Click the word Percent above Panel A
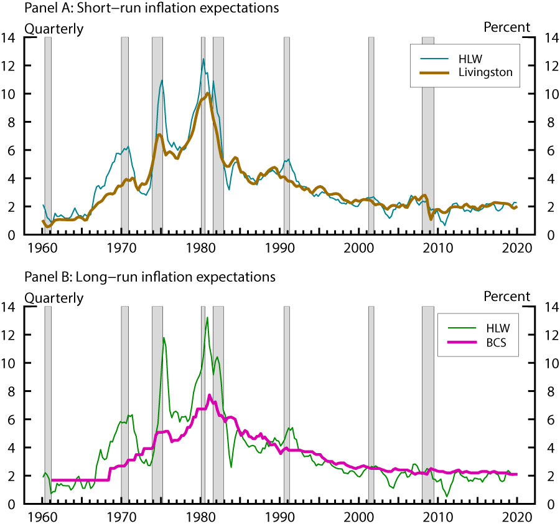coord(507,27)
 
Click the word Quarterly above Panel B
coord(54,297)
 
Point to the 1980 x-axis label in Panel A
coord(201,247)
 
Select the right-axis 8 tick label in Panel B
coord(549,391)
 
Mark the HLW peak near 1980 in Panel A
coord(203,59)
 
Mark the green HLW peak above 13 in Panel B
coord(207,317)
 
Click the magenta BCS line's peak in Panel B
coord(210,395)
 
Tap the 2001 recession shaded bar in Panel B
coord(371,405)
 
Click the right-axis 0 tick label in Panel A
coord(549,235)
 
